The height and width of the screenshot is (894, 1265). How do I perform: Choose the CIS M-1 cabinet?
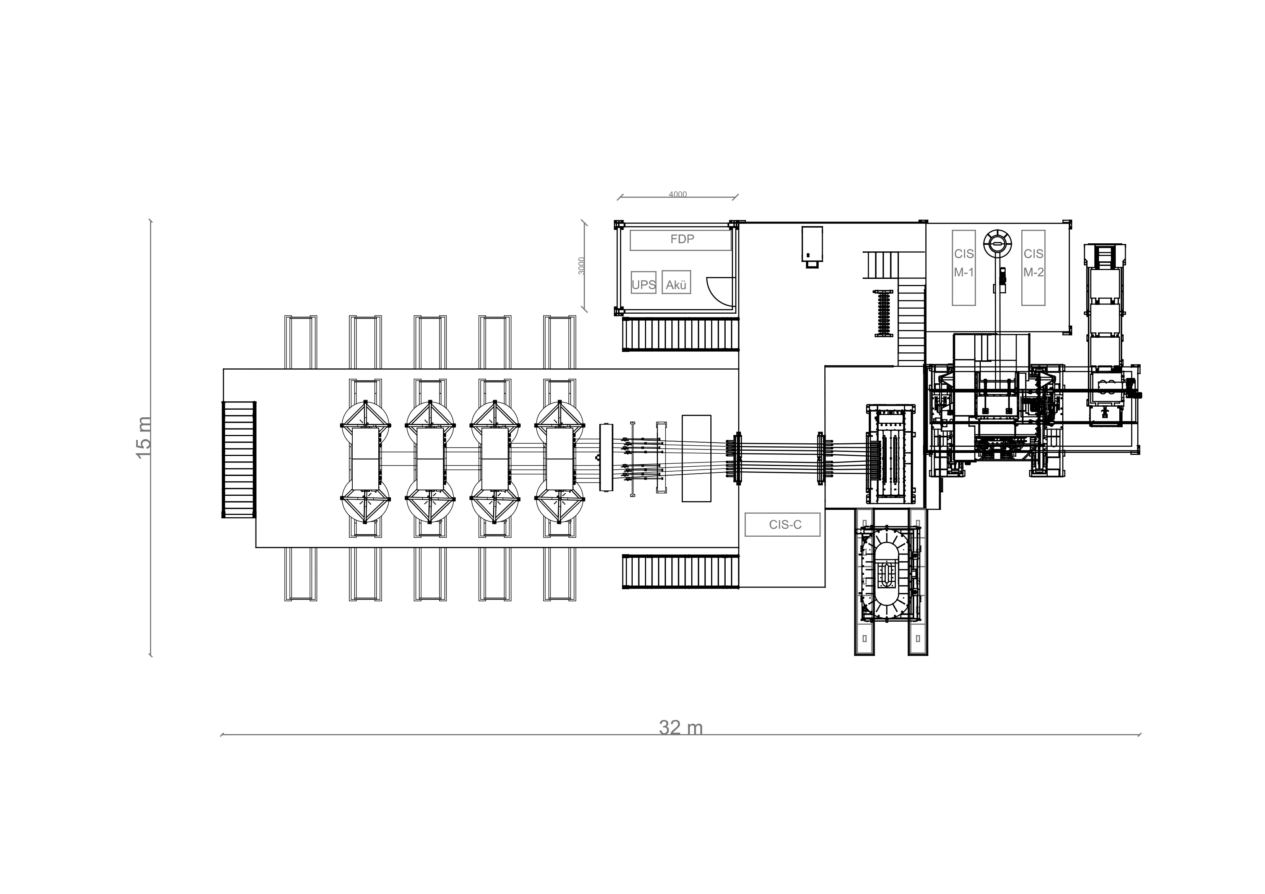coord(964,268)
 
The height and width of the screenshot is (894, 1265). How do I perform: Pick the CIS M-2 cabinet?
coord(1033,268)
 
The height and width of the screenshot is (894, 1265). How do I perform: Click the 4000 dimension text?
coord(678,194)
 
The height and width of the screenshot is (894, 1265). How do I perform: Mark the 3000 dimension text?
coord(582,266)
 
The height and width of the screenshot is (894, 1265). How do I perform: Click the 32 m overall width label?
coord(681,728)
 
